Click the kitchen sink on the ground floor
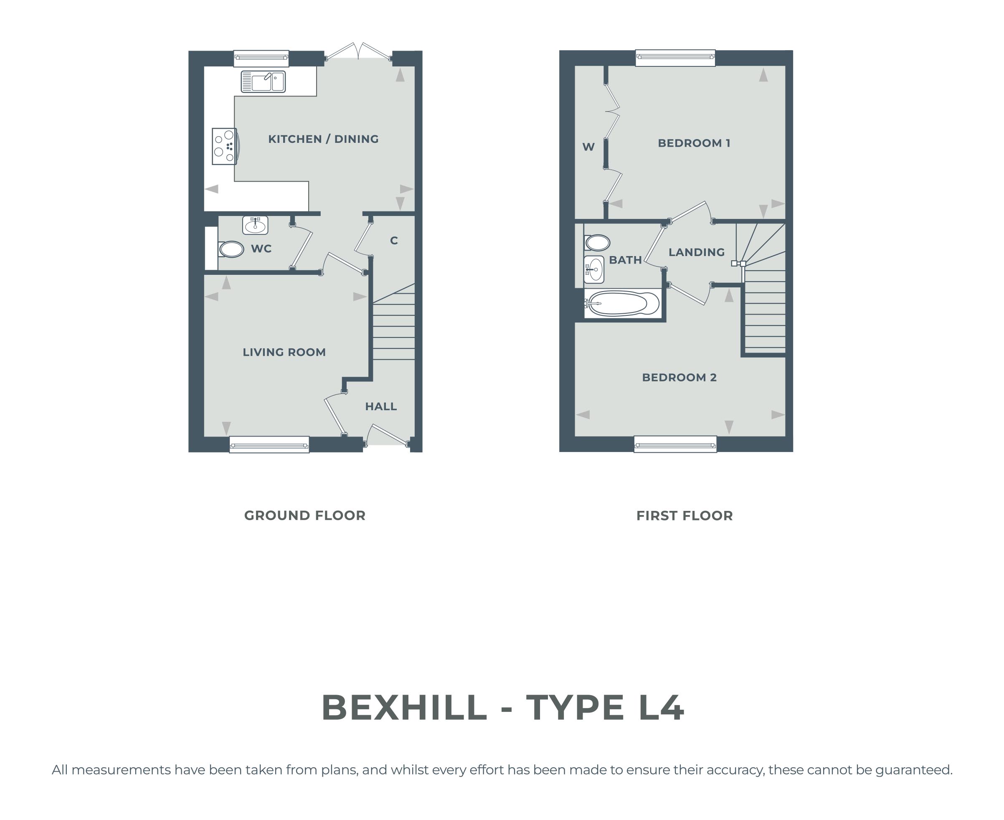(x=263, y=82)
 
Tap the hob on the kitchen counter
(x=225, y=147)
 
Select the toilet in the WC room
(x=231, y=249)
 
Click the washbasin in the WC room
(x=255, y=225)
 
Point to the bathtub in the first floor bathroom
(x=622, y=303)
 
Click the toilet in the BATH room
(x=597, y=243)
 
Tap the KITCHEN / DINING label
(x=324, y=139)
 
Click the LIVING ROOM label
(x=284, y=352)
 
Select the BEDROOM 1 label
(x=694, y=142)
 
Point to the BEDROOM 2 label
(x=679, y=377)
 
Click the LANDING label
(x=697, y=252)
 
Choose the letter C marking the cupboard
(x=394, y=241)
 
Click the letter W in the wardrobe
(x=588, y=147)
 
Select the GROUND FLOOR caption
(x=305, y=515)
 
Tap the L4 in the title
(x=661, y=708)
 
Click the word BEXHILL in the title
(x=405, y=708)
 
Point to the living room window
(x=269, y=444)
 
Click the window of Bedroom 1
(x=675, y=58)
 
